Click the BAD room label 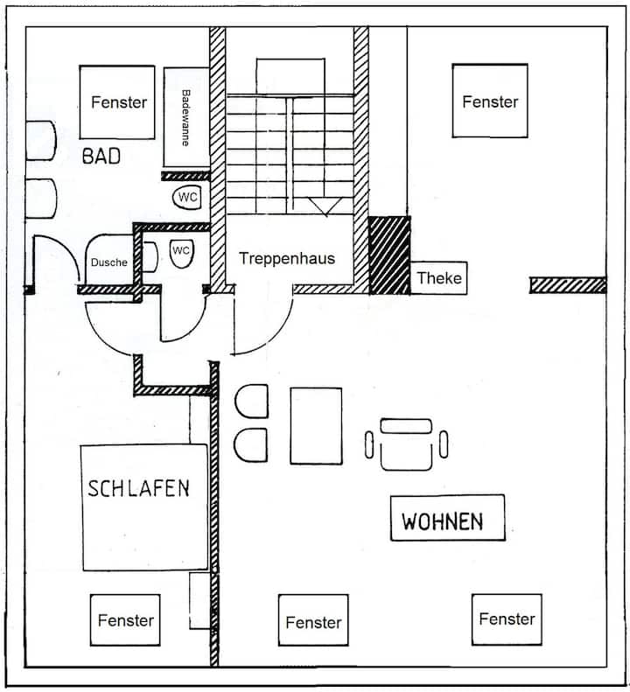(101, 157)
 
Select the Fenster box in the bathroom (118, 102)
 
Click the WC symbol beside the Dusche (180, 251)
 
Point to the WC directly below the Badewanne (187, 198)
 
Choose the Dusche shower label (108, 262)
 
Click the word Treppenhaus (287, 258)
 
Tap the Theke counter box (438, 279)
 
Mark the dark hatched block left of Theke (389, 255)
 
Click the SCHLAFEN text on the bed (138, 487)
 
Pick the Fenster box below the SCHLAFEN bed (125, 620)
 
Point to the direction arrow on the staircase (325, 206)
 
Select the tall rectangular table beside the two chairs (316, 425)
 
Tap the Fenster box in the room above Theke (490, 101)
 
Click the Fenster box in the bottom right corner (507, 619)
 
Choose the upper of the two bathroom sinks (41, 140)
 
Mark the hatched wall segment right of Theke (568, 285)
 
